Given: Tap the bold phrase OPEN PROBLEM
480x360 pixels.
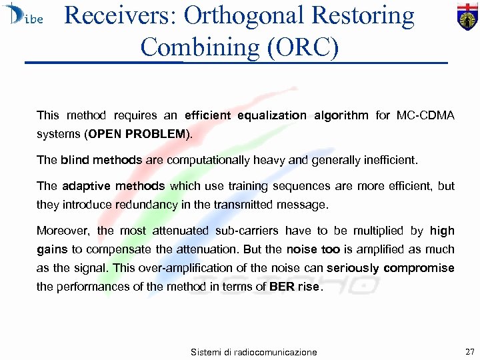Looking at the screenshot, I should pos(137,134).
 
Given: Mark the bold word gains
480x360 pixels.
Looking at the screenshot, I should pos(52,249).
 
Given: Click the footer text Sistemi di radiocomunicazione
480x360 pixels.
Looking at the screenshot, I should pos(253,351).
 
